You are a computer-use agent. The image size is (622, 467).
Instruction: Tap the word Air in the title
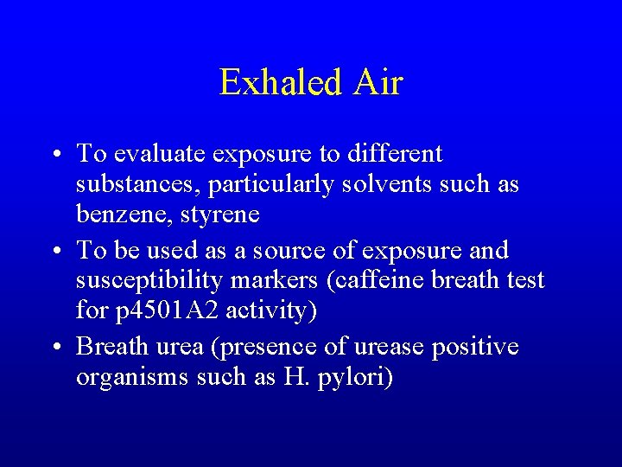coord(378,83)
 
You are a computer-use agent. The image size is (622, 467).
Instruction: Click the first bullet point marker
coord(55,156)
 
